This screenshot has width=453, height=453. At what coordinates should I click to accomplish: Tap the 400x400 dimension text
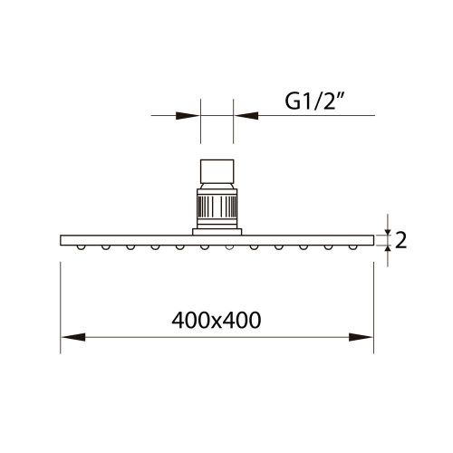(x=216, y=320)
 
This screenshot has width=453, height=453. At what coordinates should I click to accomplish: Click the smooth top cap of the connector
(x=217, y=172)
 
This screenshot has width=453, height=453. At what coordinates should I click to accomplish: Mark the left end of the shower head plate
(x=63, y=239)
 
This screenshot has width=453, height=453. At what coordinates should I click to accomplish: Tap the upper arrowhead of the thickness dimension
(x=387, y=226)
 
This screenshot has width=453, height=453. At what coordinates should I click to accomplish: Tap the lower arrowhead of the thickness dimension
(x=387, y=254)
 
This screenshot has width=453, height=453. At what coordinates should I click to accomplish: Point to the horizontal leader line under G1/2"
(x=308, y=115)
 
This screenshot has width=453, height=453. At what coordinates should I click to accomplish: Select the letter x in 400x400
(x=216, y=321)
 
